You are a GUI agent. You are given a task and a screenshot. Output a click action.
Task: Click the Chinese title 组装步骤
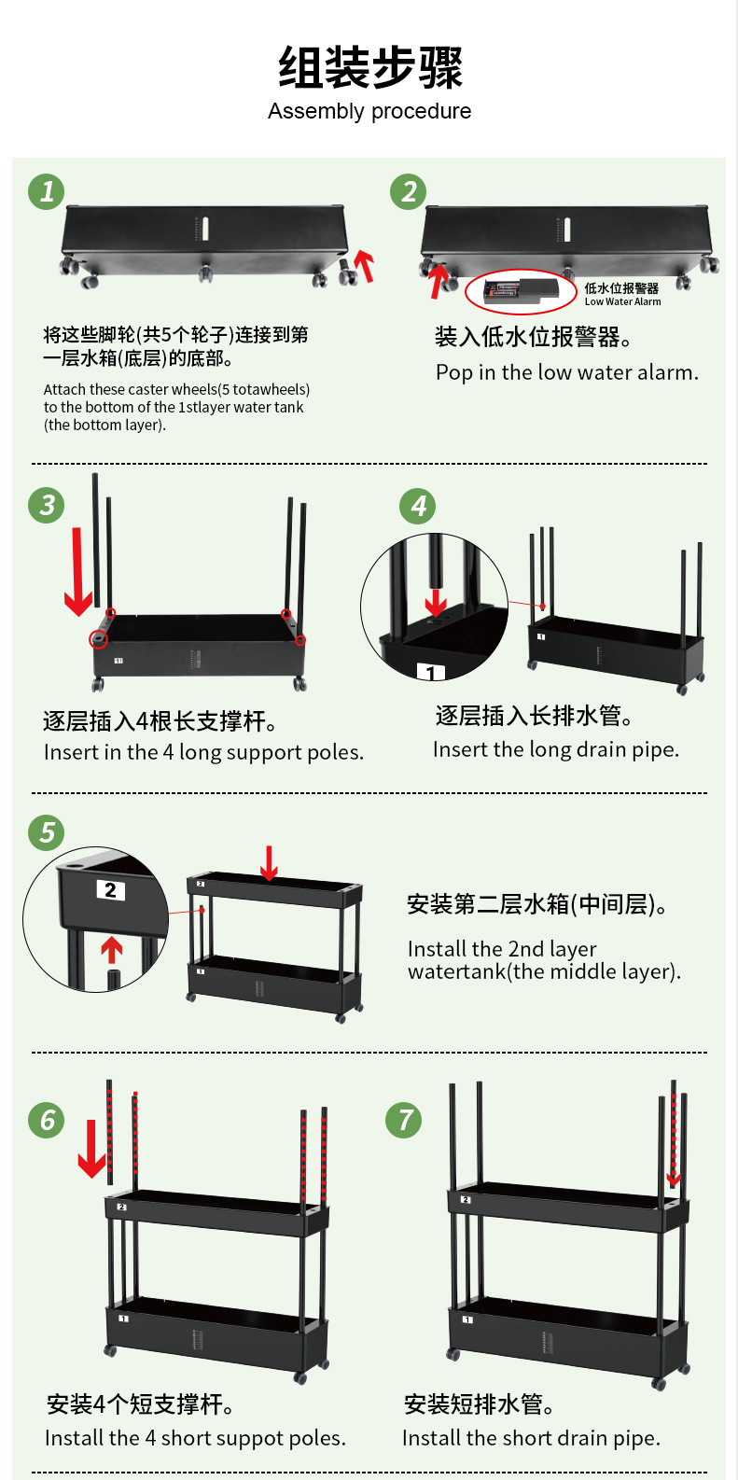tap(369, 67)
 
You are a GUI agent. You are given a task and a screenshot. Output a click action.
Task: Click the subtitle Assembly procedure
tap(369, 112)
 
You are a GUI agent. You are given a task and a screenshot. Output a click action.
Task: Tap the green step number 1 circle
tap(47, 192)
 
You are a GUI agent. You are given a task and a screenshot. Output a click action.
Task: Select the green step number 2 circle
tap(408, 192)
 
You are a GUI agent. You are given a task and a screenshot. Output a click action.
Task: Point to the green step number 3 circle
tap(47, 506)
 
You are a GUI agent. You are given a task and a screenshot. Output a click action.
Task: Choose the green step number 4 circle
tap(418, 507)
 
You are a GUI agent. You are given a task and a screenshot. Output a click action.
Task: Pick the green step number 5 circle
tap(47, 832)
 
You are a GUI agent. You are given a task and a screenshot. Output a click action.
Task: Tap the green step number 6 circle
tap(47, 1120)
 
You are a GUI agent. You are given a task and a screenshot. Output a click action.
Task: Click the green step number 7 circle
tap(404, 1120)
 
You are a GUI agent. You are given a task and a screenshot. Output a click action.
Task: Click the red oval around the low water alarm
tap(522, 292)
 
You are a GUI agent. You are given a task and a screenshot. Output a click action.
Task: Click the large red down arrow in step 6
tap(91, 1149)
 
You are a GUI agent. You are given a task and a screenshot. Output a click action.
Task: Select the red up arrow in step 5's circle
tap(112, 950)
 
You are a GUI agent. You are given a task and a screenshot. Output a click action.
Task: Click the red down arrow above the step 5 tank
tap(269, 863)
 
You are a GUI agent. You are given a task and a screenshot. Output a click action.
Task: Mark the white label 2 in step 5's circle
tap(110, 890)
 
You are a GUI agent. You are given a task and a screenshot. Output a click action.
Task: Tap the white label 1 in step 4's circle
tap(430, 673)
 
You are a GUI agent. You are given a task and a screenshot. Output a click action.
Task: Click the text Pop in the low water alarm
tap(566, 372)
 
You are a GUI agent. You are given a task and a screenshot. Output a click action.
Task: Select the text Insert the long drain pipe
tap(556, 749)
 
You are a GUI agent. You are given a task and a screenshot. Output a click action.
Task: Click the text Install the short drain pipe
tap(531, 1438)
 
